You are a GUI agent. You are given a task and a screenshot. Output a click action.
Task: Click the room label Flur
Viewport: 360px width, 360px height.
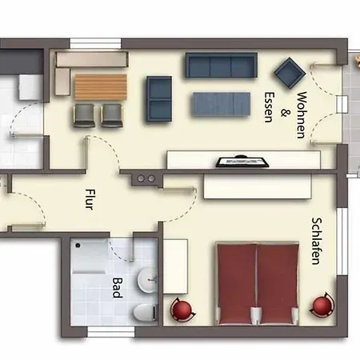pos(89,199)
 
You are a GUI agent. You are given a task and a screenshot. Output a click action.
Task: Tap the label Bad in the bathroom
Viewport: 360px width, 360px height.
pos(117,288)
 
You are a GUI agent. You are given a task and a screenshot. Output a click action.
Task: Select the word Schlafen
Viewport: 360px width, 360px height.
pos(317,241)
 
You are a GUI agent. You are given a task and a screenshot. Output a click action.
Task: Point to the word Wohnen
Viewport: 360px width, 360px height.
pos(302,115)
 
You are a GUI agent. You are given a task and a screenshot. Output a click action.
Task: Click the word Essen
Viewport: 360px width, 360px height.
pos(269,107)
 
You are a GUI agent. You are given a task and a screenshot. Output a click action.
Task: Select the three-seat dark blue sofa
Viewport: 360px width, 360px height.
pos(222,65)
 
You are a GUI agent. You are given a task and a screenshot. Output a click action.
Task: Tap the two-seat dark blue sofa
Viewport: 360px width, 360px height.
pos(159,99)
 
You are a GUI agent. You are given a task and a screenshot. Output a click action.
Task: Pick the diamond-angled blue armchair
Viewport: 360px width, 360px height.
pos(290,73)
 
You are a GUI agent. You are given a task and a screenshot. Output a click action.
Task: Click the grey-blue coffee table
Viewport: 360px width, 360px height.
pos(222,104)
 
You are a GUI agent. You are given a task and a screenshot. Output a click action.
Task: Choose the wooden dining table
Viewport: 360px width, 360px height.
pos(101,87)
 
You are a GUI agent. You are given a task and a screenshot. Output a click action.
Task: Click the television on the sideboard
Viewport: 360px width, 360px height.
pos(242,162)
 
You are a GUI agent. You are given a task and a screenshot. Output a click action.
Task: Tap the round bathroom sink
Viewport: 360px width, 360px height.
pos(147,280)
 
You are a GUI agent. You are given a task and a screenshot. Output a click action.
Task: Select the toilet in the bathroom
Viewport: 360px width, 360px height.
pos(145,312)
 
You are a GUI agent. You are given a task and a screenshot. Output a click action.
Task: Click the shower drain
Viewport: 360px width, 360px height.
pos(78,246)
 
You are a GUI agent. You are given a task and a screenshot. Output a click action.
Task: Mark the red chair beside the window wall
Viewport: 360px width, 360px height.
pos(322,306)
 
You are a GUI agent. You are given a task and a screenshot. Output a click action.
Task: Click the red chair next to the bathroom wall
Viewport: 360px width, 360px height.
pos(182,310)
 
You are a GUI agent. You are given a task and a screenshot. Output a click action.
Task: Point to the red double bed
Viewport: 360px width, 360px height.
pos(257,283)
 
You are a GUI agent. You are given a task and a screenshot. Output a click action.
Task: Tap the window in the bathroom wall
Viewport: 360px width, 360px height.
pos(111,331)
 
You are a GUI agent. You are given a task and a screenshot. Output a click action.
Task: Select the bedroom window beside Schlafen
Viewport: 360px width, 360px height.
pos(342,242)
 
